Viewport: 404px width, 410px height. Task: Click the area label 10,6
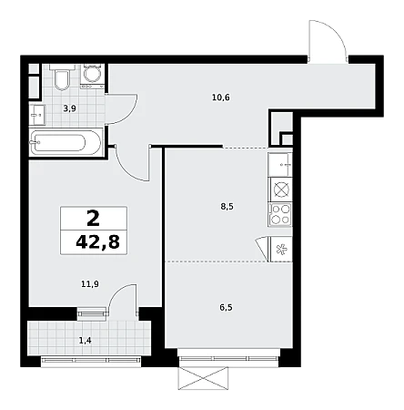(221, 97)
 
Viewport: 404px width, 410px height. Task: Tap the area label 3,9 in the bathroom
(69, 108)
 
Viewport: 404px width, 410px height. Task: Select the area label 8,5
(227, 207)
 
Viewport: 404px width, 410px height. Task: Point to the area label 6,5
(226, 307)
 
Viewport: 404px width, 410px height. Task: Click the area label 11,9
(90, 284)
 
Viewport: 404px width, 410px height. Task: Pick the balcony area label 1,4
(85, 341)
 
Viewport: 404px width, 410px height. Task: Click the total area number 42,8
(97, 242)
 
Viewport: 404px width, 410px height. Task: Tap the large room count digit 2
(93, 219)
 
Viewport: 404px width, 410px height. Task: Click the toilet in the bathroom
(62, 77)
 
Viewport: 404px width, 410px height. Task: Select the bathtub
(66, 142)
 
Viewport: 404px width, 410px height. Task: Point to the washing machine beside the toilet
(92, 76)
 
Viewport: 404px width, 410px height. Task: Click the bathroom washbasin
(37, 115)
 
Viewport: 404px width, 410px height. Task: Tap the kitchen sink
(280, 164)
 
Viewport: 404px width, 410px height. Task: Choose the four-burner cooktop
(280, 215)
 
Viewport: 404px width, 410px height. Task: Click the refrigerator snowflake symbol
(281, 250)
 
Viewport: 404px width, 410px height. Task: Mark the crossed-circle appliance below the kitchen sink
(281, 190)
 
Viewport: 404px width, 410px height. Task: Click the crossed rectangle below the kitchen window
(203, 378)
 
